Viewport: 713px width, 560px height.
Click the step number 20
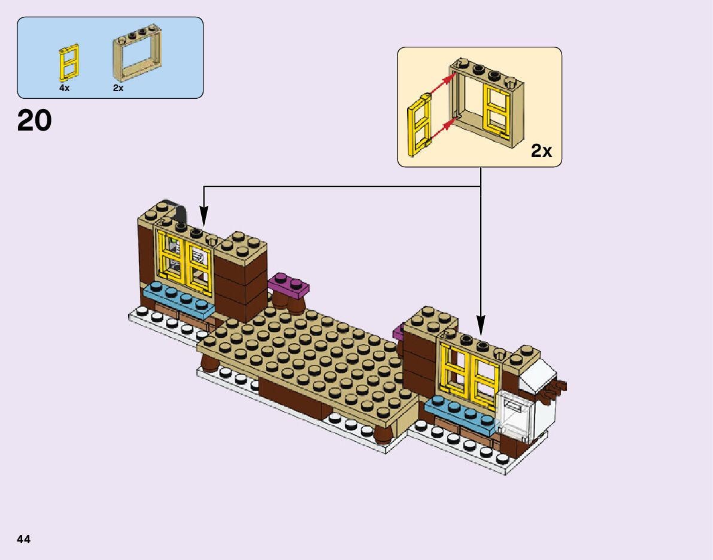tap(35, 121)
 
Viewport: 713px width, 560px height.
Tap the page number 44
tap(24, 539)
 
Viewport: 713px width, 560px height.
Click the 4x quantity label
tap(64, 88)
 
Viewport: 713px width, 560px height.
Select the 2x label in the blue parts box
tap(118, 88)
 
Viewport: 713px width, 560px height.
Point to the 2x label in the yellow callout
tap(541, 151)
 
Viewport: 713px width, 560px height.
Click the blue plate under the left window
tap(178, 299)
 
